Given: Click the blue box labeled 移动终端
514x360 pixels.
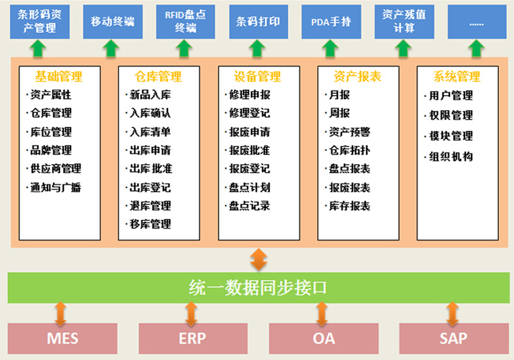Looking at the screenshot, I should click(x=112, y=21).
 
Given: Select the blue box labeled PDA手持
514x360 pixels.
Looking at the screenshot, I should click(x=331, y=21).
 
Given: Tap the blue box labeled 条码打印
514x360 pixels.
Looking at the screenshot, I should click(x=258, y=21).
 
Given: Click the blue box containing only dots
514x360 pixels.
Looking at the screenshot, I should click(x=477, y=21).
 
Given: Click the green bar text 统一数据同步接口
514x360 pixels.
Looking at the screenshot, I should click(x=257, y=287).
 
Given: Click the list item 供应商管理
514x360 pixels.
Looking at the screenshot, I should click(x=56, y=169).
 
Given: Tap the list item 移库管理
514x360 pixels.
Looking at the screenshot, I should click(x=150, y=225).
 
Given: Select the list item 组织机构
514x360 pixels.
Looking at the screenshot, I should click(x=451, y=157).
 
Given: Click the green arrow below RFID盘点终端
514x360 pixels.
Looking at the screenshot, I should click(x=185, y=48).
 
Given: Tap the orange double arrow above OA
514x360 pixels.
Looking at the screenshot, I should click(x=321, y=312).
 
